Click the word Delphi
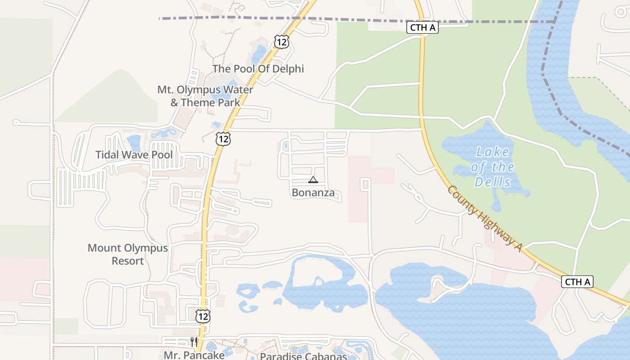[288, 69]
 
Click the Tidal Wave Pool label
[134, 155]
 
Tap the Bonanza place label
[313, 193]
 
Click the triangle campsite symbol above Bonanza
[313, 180]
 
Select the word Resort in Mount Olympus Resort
[128, 261]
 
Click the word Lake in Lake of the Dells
[492, 152]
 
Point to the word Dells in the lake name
[493, 182]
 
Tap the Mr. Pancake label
[194, 355]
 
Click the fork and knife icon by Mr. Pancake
[194, 342]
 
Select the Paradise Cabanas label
[303, 356]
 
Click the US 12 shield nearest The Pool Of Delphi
[282, 42]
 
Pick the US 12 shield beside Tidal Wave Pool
[223, 139]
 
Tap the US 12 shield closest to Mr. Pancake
[203, 316]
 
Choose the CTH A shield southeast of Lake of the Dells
[577, 282]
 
